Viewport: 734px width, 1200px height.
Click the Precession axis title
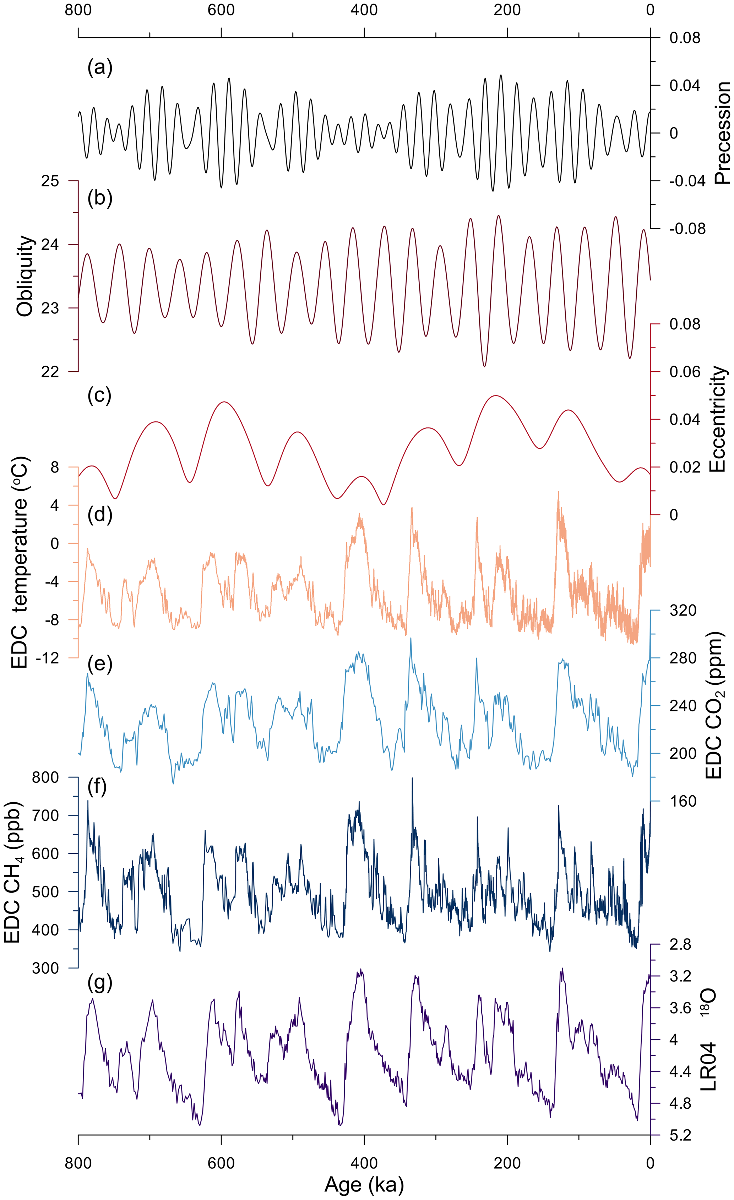pos(722,133)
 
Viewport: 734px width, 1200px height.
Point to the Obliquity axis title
pos(25,276)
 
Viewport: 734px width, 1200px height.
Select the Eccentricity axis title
pos(717,419)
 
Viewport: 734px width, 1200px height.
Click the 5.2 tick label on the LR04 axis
pos(680,1135)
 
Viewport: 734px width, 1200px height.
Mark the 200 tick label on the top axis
pos(507,10)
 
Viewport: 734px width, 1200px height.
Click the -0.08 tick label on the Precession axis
pos(687,229)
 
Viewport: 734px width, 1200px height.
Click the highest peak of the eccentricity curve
pos(495,395)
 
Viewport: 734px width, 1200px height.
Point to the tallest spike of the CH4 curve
pos(412,778)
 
